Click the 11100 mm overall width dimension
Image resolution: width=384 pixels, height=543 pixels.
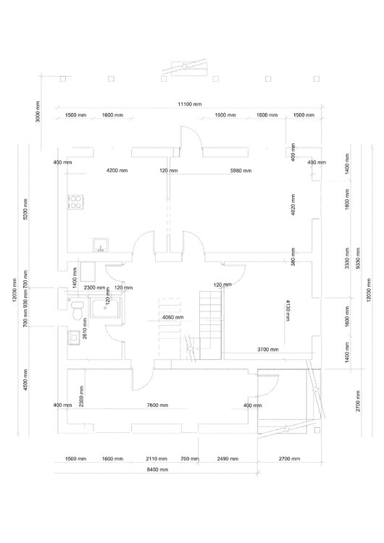point(191,105)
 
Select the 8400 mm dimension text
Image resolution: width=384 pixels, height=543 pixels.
point(155,470)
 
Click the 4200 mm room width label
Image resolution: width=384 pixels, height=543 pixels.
point(117,172)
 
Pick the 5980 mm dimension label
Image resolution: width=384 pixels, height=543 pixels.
point(240,172)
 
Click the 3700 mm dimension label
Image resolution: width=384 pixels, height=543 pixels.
point(268,350)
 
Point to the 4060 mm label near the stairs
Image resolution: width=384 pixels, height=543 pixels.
point(172,317)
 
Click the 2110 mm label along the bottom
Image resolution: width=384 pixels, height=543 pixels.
point(156,459)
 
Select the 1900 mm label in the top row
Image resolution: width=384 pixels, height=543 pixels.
point(225,116)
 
